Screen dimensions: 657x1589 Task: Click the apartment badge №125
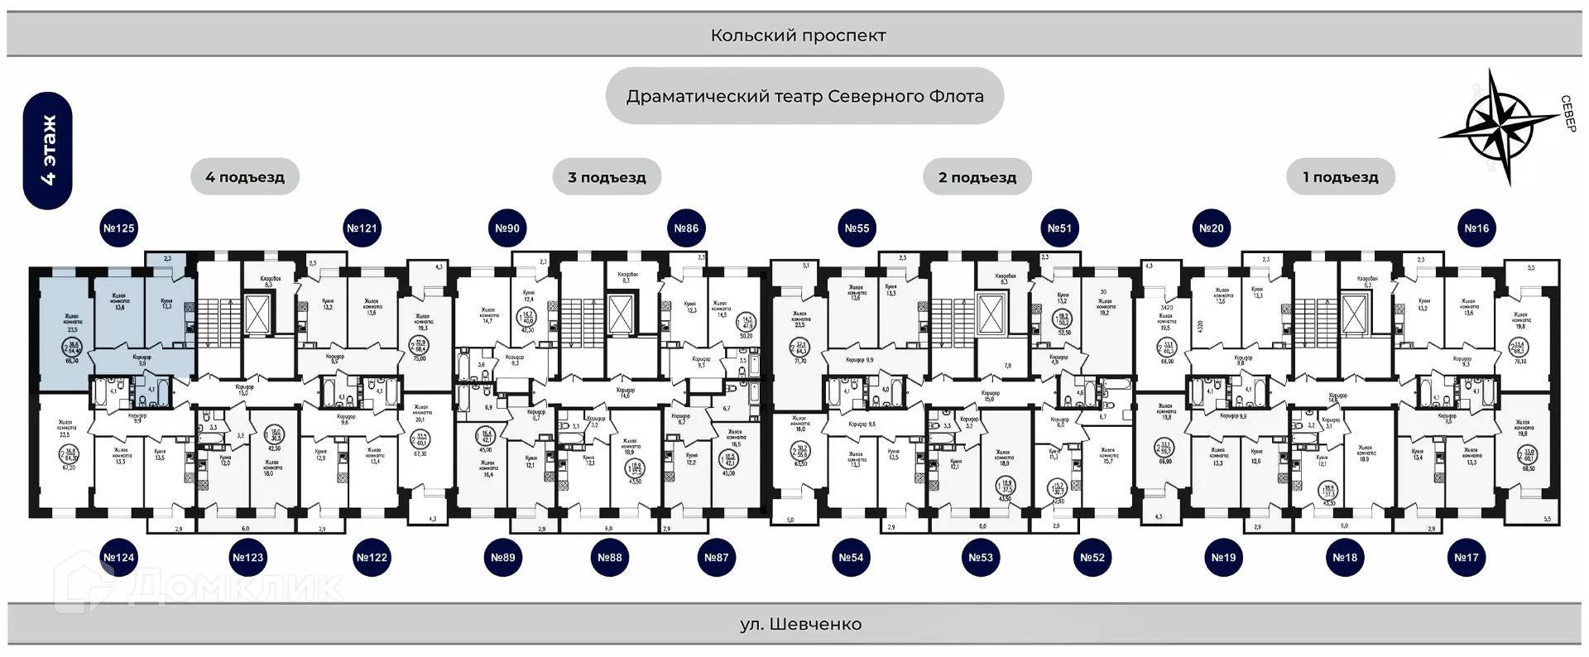pyautogui.click(x=118, y=228)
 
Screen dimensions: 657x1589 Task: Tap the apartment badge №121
pyautogui.click(x=362, y=228)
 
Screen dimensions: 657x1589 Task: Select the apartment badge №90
pyautogui.click(x=507, y=228)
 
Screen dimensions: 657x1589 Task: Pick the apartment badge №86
pyautogui.click(x=686, y=228)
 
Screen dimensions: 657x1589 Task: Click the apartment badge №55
pyautogui.click(x=857, y=228)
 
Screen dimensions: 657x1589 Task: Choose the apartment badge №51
pyautogui.click(x=1059, y=228)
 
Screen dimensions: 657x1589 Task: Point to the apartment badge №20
pyautogui.click(x=1212, y=228)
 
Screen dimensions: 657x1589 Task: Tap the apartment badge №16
pyautogui.click(x=1476, y=228)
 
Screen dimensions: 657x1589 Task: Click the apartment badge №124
pyautogui.click(x=118, y=558)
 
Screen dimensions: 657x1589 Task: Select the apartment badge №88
pyautogui.click(x=610, y=558)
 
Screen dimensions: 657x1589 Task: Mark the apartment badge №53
pyautogui.click(x=981, y=558)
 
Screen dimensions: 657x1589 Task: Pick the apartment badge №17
pyautogui.click(x=1467, y=558)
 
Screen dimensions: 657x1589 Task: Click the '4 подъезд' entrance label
pyautogui.click(x=245, y=177)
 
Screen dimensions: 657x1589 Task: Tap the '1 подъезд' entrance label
pyautogui.click(x=1341, y=177)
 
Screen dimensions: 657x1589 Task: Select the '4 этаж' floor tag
pyautogui.click(x=48, y=151)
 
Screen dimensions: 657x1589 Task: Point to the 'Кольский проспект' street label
pyautogui.click(x=798, y=36)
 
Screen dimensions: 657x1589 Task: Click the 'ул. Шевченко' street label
pyautogui.click(x=800, y=624)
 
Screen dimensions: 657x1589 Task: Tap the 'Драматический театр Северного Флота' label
pyautogui.click(x=804, y=96)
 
